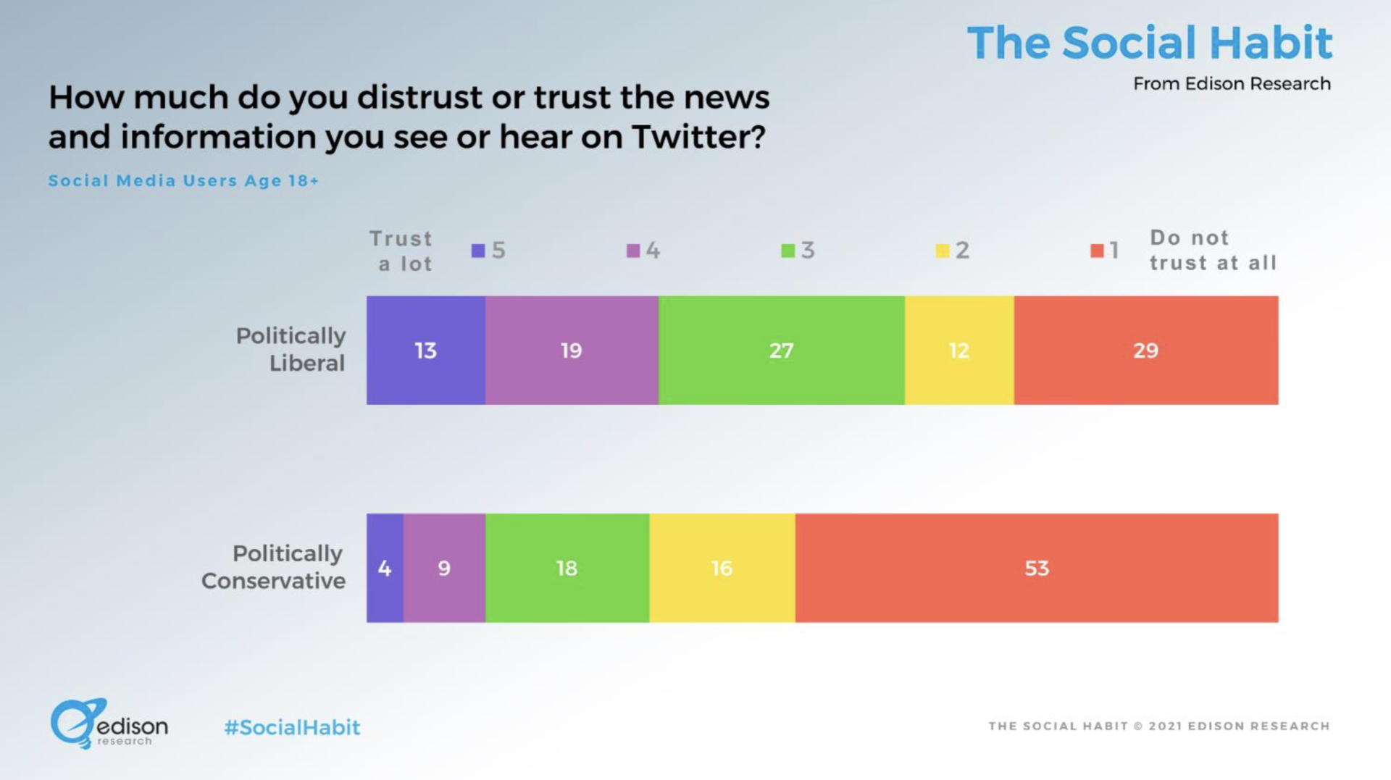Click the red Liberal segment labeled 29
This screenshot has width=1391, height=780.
[1145, 351]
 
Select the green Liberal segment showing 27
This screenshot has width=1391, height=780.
[781, 351]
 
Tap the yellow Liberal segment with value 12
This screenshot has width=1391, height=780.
[958, 351]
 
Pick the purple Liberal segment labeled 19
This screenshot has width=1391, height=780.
[571, 351]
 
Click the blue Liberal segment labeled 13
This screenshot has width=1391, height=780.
[425, 351]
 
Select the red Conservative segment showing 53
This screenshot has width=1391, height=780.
[1036, 568]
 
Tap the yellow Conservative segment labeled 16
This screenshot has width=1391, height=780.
[722, 568]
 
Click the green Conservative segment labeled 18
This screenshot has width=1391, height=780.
[567, 568]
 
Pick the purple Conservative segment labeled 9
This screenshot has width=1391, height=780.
[444, 568]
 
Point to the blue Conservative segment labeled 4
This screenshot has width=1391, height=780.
[385, 568]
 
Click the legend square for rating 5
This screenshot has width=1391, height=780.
[478, 251]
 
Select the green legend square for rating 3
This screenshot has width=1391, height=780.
[788, 251]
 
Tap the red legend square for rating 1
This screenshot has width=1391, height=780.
[1097, 251]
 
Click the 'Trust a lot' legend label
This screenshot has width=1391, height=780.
[402, 251]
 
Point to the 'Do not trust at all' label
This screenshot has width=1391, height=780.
[1212, 250]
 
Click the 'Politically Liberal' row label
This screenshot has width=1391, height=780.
[291, 349]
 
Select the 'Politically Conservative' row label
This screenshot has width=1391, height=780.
[274, 566]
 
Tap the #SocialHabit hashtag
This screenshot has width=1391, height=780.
[292, 727]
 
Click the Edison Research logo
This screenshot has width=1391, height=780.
[109, 724]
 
